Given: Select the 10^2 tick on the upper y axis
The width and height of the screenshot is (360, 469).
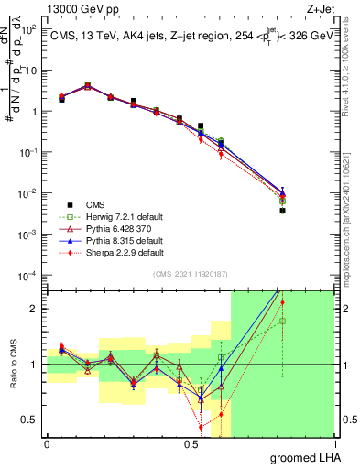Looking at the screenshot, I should point(28,29).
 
